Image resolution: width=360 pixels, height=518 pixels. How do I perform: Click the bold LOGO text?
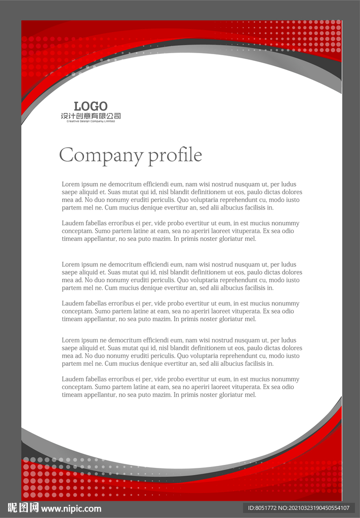click(x=91, y=106)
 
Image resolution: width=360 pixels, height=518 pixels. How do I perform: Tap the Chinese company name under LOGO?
click(x=91, y=116)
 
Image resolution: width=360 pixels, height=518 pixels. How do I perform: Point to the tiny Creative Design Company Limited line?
click(x=91, y=121)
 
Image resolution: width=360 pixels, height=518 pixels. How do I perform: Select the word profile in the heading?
click(x=175, y=155)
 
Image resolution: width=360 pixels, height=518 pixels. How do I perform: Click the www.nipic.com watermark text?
click(x=71, y=508)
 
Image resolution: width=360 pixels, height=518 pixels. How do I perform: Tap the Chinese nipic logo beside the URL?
click(x=23, y=508)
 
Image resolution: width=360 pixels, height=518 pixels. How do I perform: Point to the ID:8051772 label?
click(x=262, y=508)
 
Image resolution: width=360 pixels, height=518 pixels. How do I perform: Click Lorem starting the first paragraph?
click(x=70, y=185)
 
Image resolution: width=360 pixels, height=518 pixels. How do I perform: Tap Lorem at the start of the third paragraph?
click(x=70, y=265)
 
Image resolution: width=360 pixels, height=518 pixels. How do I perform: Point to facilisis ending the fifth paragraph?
click(x=258, y=364)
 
